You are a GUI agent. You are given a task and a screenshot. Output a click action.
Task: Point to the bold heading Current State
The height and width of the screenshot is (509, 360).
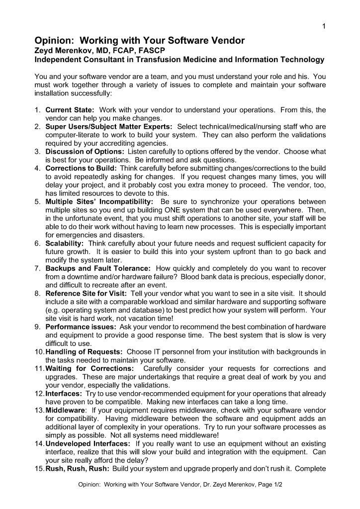(x=70, y=110)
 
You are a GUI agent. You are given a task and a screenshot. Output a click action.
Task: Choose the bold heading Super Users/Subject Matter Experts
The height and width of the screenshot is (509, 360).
(x=109, y=127)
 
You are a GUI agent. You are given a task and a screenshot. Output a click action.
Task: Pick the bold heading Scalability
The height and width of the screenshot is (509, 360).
(x=65, y=244)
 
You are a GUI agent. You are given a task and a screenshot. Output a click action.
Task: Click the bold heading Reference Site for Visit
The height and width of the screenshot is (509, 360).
(x=86, y=294)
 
